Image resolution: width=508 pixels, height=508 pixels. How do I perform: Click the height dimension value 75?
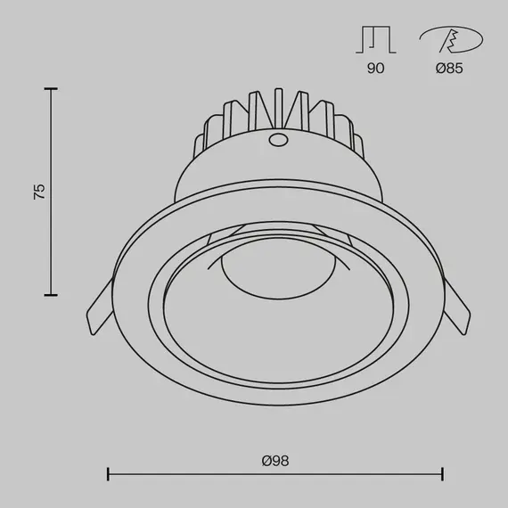pos(38,192)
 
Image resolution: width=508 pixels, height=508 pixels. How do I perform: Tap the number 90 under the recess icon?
pos(375,68)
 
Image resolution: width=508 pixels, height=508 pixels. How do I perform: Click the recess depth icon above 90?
pos(375,41)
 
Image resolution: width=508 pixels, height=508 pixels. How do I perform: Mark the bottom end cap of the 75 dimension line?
pos(51,295)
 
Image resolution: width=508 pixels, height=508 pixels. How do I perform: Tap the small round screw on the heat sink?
pos(277,140)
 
